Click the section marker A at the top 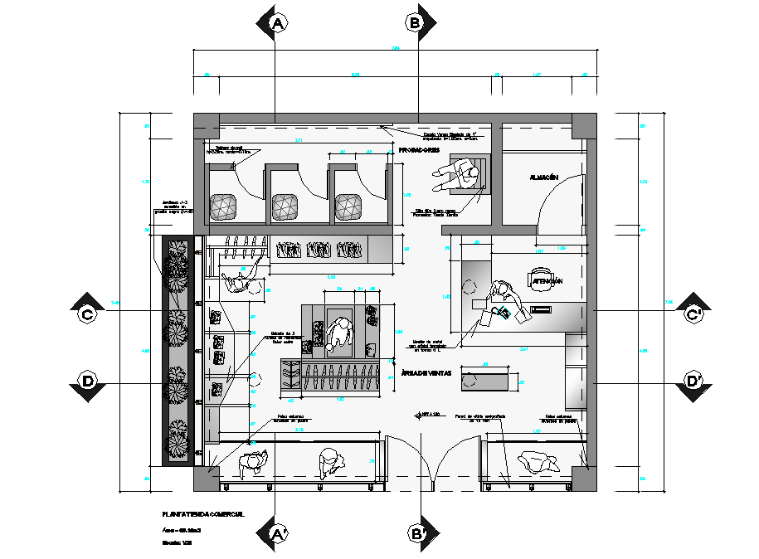tap(278, 24)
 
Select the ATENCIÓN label tap(547, 282)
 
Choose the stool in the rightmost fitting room tap(349, 206)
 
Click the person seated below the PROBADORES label tap(465, 176)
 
